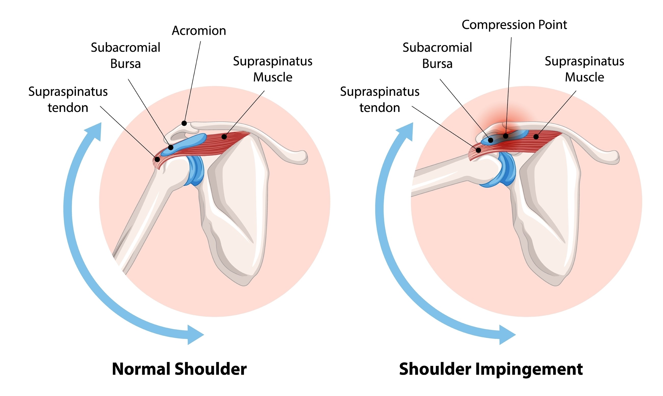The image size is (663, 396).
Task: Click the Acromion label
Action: coord(199,31)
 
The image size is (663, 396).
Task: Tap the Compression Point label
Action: coord(514,25)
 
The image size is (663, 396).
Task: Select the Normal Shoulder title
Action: coord(179,369)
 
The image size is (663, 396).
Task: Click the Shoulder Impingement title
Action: coord(491,369)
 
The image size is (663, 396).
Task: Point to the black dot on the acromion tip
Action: coord(184,123)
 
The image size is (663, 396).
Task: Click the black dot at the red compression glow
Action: coord(505,136)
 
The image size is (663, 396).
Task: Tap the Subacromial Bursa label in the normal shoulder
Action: coord(125,56)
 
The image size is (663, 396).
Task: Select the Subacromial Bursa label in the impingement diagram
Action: coord(437,56)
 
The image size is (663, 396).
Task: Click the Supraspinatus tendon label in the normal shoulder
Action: coord(68,99)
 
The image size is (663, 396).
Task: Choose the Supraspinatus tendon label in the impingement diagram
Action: coord(380,99)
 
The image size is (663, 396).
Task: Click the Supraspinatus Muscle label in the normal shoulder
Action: coord(272,69)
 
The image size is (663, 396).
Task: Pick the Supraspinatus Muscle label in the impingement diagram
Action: coord(584,69)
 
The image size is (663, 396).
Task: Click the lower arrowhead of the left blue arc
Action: coord(195,335)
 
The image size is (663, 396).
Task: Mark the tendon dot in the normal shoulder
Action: coord(157,160)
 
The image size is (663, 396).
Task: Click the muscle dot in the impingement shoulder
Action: coord(536,137)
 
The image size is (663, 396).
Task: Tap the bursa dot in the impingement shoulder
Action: coord(490,140)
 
